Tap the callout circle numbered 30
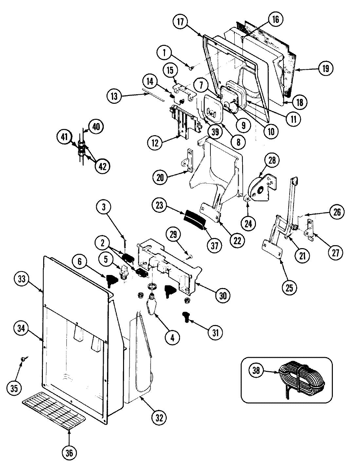222,295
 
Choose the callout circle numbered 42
102,166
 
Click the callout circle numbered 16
275,19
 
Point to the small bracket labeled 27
309,228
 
